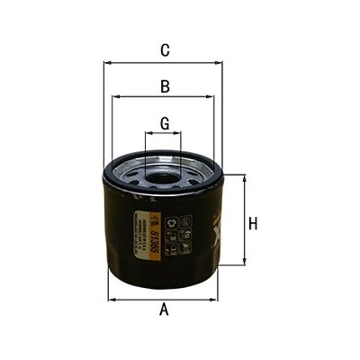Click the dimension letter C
165,50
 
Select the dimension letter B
165,86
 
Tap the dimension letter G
165,122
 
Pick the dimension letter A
164,310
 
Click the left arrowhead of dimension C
106,63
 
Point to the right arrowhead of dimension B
216,97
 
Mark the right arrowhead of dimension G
181,135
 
